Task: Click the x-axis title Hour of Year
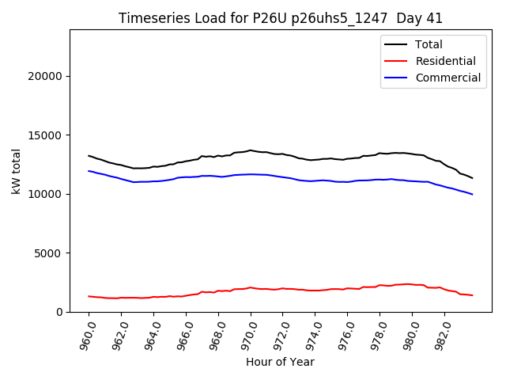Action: pos(280,363)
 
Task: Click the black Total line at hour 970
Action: pos(251,150)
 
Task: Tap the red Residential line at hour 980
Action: pos(412,284)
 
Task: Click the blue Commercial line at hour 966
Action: pos(186,177)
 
